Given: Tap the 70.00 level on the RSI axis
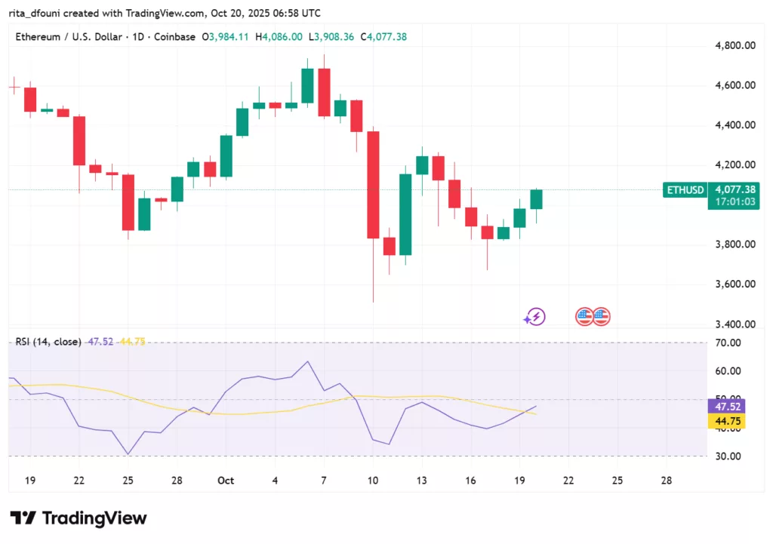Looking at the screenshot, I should [x=728, y=343].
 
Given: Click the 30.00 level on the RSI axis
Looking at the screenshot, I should [x=728, y=456].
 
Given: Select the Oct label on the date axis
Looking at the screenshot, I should [x=226, y=481].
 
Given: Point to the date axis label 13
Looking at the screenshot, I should [x=422, y=481].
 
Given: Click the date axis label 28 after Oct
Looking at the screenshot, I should [x=666, y=481].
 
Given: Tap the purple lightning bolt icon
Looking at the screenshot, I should [x=535, y=317].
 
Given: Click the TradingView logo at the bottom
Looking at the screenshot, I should [x=79, y=518].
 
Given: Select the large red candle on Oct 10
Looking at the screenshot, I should [x=373, y=185].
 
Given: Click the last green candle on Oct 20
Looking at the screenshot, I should [x=537, y=199].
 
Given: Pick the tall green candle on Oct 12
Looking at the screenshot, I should [x=405, y=214].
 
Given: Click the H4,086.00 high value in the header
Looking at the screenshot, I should [x=279, y=37].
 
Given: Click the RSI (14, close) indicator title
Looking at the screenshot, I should [x=48, y=342].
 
